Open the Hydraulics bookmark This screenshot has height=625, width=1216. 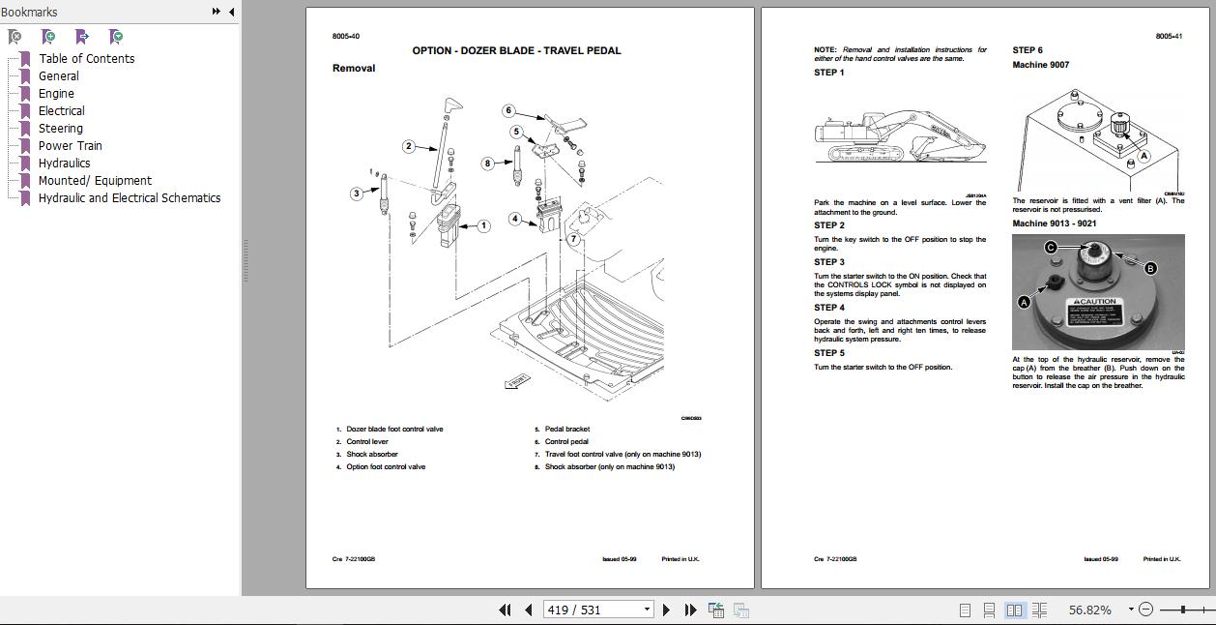tap(64, 163)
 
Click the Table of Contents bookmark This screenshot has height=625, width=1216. tap(86, 58)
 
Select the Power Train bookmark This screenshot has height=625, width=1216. tap(70, 145)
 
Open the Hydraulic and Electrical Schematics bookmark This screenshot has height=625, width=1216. tap(129, 197)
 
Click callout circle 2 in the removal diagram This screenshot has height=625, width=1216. tap(409, 146)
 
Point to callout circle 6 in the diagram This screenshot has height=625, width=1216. tap(508, 110)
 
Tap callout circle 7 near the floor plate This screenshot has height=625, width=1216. tap(573, 238)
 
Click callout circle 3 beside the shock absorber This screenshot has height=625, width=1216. tap(357, 193)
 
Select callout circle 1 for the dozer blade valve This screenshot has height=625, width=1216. tap(483, 225)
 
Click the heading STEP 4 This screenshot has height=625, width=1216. tap(829, 308)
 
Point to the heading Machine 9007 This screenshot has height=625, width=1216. tap(1040, 65)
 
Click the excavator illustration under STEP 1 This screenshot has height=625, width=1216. tap(900, 136)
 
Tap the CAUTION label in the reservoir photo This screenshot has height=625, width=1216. tap(1094, 302)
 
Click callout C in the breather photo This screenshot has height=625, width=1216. tap(1051, 248)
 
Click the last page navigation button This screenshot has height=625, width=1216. tap(690, 610)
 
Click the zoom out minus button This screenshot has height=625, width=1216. tap(1145, 610)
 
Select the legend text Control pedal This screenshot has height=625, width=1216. tap(566, 441)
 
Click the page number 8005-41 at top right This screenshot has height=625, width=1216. tap(1169, 37)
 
